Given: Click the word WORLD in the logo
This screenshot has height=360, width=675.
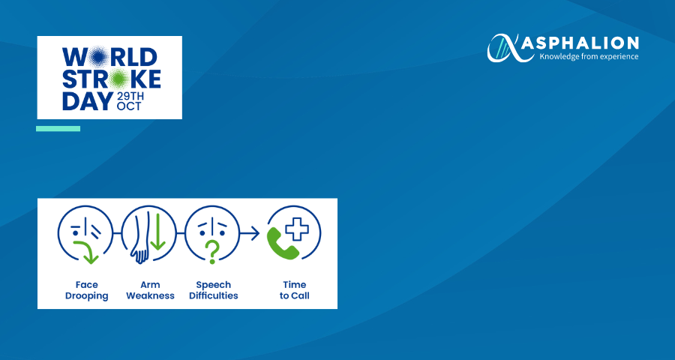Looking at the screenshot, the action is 109,57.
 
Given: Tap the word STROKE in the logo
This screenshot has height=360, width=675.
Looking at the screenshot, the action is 112,79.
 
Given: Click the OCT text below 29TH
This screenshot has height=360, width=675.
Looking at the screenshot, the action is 129,106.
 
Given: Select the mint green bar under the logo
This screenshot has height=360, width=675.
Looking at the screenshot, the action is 58,129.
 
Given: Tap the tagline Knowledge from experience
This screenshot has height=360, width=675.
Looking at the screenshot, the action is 589,56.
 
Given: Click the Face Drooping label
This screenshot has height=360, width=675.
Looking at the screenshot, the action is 86,290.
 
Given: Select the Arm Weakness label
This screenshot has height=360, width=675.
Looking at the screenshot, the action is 150,290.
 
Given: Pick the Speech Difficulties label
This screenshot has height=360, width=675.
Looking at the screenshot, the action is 214,290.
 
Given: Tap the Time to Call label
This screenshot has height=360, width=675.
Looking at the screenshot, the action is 295,290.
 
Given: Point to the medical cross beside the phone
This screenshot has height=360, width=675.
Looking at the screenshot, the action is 297,229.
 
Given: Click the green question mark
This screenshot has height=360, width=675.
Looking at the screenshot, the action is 211,252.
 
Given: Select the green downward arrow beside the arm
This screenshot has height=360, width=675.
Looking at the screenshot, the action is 158,232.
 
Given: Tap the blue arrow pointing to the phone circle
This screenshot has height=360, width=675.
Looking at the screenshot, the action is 250,233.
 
